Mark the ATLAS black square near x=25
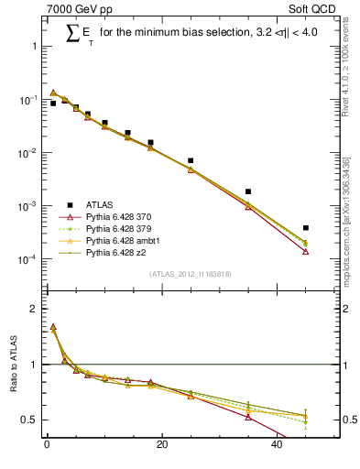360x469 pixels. pos(191,160)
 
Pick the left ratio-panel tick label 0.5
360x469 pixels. pos(30,420)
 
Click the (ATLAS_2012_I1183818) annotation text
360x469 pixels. pos(191,274)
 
